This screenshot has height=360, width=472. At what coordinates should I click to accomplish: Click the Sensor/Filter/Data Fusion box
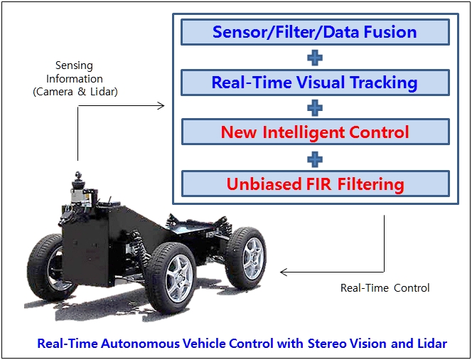click(315, 32)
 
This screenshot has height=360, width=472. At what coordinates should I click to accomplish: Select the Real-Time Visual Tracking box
click(315, 83)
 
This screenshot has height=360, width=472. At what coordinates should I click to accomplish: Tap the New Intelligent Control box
click(315, 132)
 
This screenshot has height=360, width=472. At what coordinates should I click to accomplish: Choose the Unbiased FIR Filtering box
click(315, 184)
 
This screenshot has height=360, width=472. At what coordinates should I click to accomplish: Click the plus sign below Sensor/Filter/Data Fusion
click(315, 58)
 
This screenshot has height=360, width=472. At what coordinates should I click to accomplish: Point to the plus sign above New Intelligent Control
click(315, 108)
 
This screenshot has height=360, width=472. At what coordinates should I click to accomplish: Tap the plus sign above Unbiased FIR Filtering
click(315, 159)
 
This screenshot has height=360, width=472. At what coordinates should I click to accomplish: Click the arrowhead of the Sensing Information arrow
click(161, 106)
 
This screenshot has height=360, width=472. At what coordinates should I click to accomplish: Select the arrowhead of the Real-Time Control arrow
click(283, 272)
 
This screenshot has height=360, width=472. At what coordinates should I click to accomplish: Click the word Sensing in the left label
click(74, 65)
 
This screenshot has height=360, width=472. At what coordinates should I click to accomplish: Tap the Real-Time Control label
click(385, 288)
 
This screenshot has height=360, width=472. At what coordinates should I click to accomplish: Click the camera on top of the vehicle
click(78, 175)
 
